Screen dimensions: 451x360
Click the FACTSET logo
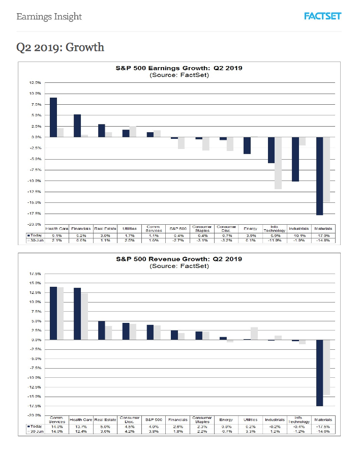[322, 16]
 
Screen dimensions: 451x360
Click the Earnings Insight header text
[49, 17]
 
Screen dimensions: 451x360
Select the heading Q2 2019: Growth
[60, 47]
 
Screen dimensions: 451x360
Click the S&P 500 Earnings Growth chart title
[179, 68]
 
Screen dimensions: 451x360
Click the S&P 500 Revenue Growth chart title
[179, 259]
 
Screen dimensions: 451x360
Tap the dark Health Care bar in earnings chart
[53, 117]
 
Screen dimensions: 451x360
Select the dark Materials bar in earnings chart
[320, 176]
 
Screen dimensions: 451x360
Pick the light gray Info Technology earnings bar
[278, 163]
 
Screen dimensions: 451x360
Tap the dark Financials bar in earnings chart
[77, 126]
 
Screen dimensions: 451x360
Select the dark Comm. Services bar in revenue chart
[53, 313]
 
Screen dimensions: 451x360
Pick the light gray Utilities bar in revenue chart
[254, 333]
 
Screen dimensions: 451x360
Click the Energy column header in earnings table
[250, 229]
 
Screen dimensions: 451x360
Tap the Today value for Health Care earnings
[56, 235]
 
